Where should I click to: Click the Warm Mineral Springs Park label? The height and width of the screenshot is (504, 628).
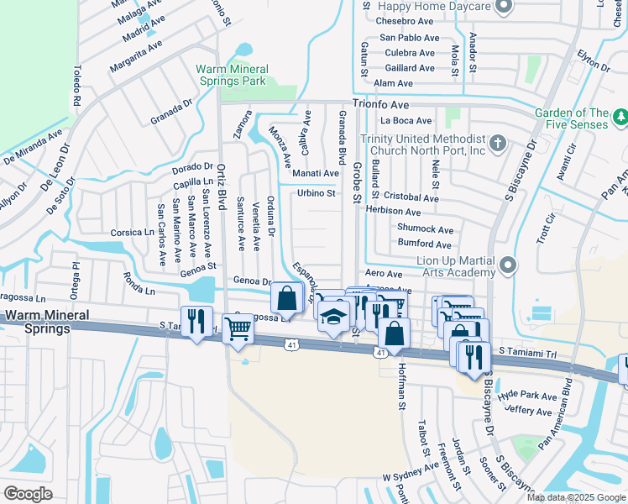pos(232,75)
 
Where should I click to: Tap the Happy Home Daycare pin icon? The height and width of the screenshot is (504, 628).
pos(504,8)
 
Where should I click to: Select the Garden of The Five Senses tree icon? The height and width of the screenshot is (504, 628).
pos(620,118)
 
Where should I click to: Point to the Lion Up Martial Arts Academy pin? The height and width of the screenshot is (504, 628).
pos(507,267)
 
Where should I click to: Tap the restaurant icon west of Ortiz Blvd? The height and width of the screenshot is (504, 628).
pos(197,322)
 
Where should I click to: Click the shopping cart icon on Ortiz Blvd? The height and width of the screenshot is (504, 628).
pos(238,331)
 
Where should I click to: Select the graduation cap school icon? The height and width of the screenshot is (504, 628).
pos(333,318)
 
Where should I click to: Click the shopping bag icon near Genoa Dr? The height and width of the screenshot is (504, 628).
pos(286,297)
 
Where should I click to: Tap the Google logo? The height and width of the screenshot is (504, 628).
pos(28,494)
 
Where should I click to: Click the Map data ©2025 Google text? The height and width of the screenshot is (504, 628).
pos(576,497)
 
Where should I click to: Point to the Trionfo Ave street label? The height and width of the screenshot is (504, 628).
pos(380,105)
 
